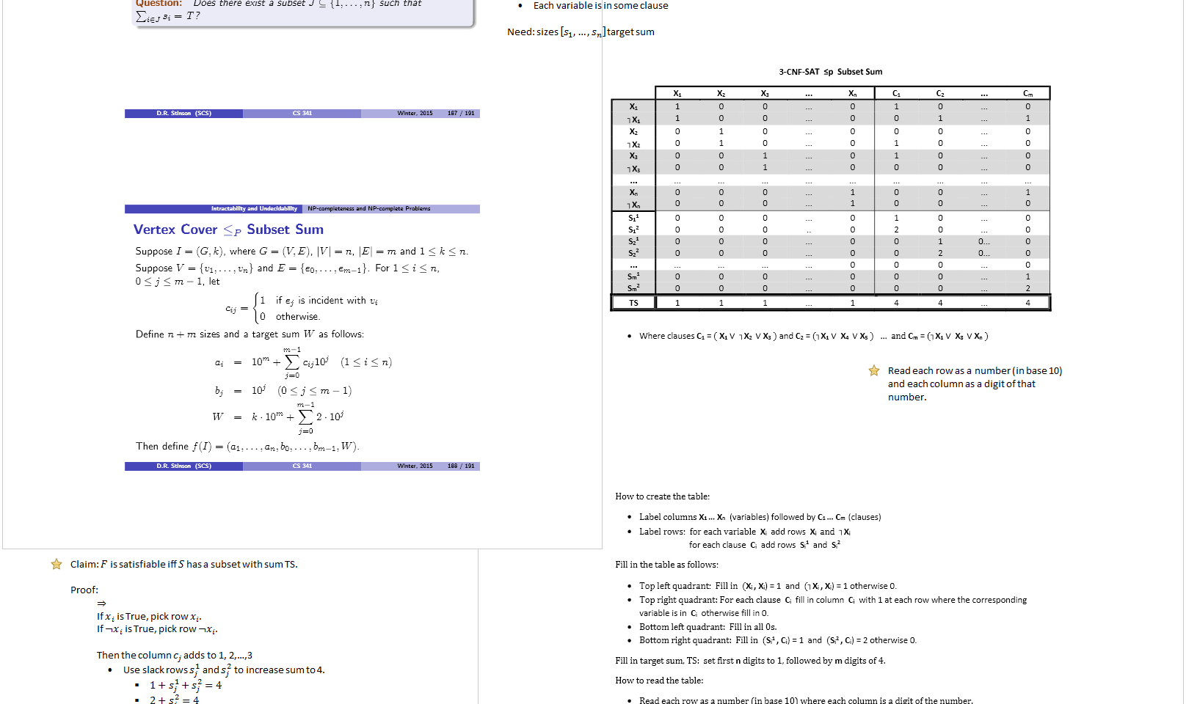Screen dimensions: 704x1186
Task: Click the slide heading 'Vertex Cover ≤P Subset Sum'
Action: pyautogui.click(x=228, y=230)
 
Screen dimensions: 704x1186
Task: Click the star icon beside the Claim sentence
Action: pyautogui.click(x=57, y=564)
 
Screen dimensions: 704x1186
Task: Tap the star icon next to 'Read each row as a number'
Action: pyautogui.click(x=873, y=371)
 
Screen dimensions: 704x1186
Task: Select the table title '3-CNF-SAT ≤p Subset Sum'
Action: pyautogui.click(x=830, y=72)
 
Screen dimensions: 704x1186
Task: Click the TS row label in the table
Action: pyautogui.click(x=633, y=303)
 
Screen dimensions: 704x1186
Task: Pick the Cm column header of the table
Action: pyautogui.click(x=1027, y=93)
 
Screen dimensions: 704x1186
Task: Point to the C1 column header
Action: pyautogui.click(x=896, y=93)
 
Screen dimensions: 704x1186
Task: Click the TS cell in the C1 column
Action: pyautogui.click(x=896, y=303)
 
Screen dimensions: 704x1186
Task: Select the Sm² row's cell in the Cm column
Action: pyautogui.click(x=1027, y=288)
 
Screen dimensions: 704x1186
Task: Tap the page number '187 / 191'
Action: pyautogui.click(x=461, y=114)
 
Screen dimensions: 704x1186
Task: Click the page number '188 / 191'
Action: pyautogui.click(x=461, y=466)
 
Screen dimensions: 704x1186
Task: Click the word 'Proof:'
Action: pyautogui.click(x=84, y=590)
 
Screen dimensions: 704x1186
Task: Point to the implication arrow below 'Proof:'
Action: pyautogui.click(x=101, y=603)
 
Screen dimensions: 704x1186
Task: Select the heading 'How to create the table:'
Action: pyautogui.click(x=662, y=496)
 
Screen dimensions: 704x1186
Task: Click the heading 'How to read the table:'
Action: pyautogui.click(x=659, y=681)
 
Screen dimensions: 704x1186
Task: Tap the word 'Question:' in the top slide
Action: pyautogui.click(x=159, y=4)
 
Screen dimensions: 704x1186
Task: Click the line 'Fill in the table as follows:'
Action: pyautogui.click(x=666, y=565)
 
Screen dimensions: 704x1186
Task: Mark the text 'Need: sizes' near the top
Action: pyautogui.click(x=533, y=32)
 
